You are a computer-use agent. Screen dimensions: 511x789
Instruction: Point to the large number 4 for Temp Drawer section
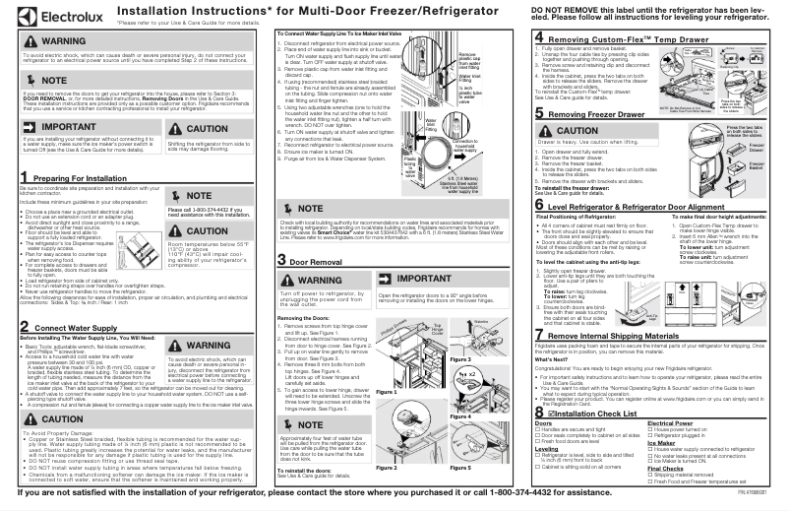[x=539, y=36]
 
